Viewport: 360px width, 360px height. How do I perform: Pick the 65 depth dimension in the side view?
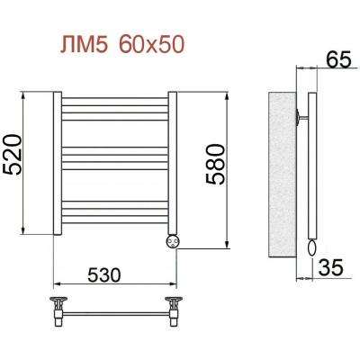[x=337, y=61]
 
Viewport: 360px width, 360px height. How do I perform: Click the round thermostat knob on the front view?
[x=172, y=240]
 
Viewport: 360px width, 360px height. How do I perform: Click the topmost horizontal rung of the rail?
[x=115, y=101]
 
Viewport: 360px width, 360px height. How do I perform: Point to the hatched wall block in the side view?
[x=283, y=171]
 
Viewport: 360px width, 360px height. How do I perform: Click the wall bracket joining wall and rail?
[x=301, y=114]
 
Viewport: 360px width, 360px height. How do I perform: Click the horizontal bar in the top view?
[x=115, y=312]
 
